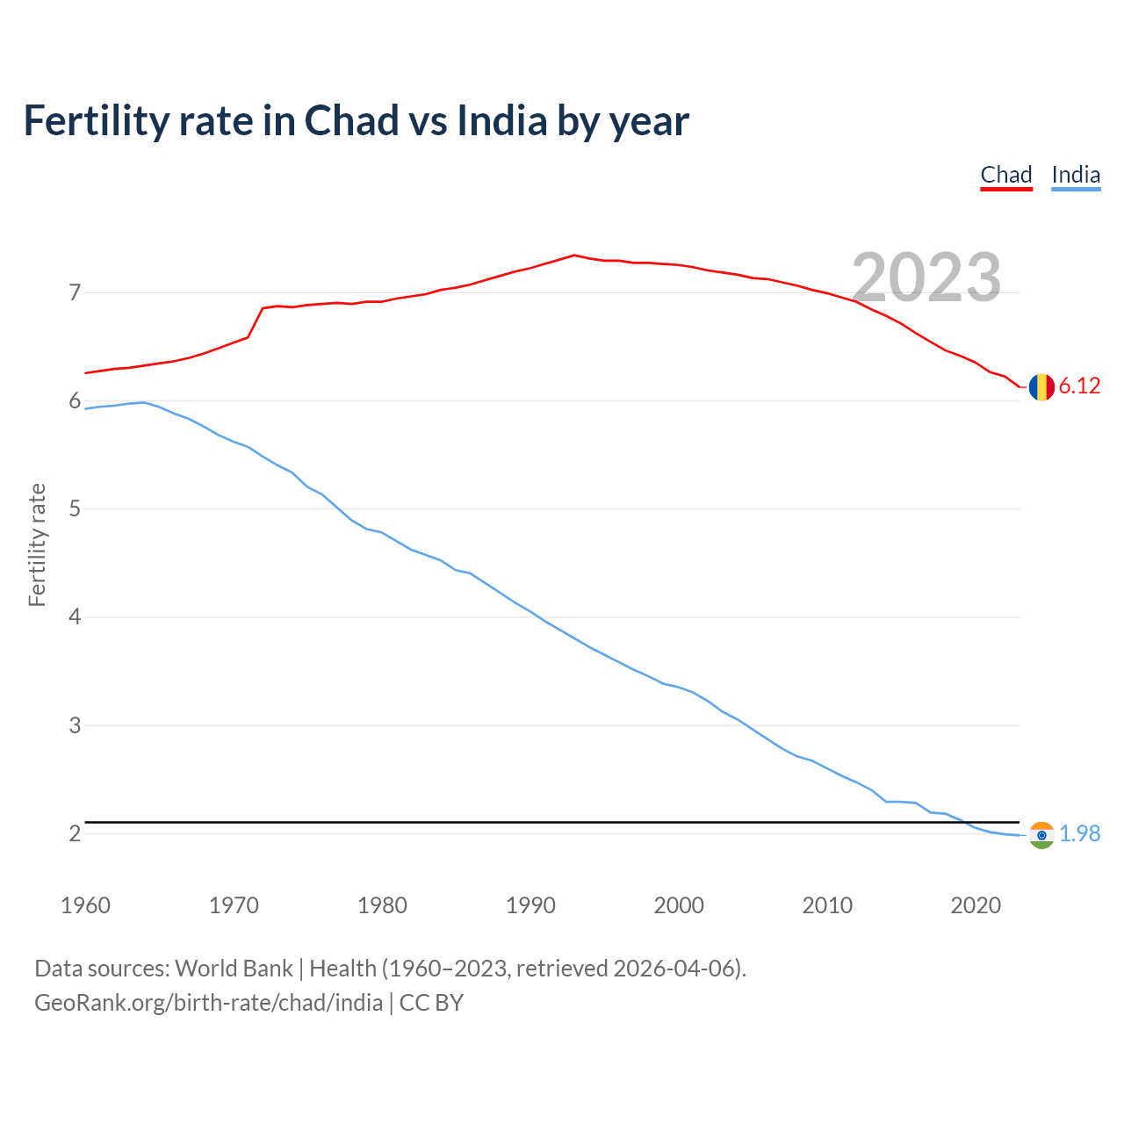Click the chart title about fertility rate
[x=356, y=121]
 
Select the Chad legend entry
[x=1005, y=175]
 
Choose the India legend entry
[x=1076, y=175]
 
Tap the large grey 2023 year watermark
[x=926, y=277]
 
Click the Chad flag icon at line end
[x=1041, y=386]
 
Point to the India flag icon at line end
[x=1041, y=834]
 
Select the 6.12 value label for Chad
[x=1079, y=386]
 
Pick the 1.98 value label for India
[x=1079, y=834]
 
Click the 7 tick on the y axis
[x=75, y=292]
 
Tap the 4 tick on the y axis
[x=75, y=617]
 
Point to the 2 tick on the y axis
[x=75, y=833]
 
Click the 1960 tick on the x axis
[x=85, y=905]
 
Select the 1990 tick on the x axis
[x=530, y=905]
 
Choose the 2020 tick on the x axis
[x=976, y=905]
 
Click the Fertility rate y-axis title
[x=37, y=544]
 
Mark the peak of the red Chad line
[x=574, y=256]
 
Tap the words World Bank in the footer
[x=234, y=969]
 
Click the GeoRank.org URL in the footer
[x=208, y=1003]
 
